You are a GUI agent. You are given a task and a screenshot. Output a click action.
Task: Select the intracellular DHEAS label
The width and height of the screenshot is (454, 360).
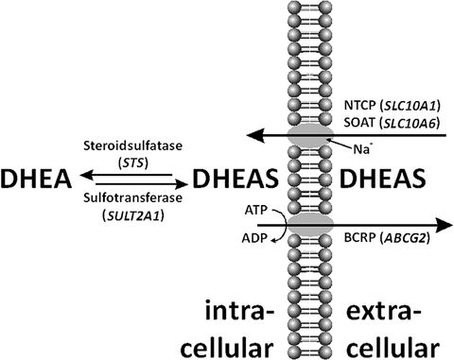tap(237, 179)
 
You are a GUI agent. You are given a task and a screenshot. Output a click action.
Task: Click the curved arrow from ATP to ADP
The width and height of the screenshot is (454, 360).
tap(256, 226)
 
